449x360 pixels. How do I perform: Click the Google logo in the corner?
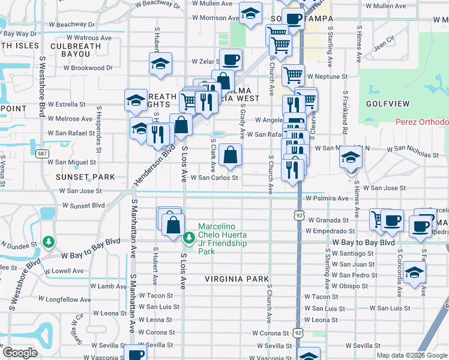click(20, 353)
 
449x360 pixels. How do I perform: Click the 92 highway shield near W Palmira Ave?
click(298, 214)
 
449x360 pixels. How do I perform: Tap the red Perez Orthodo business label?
click(421, 122)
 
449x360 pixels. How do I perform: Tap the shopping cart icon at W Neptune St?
click(292, 76)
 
